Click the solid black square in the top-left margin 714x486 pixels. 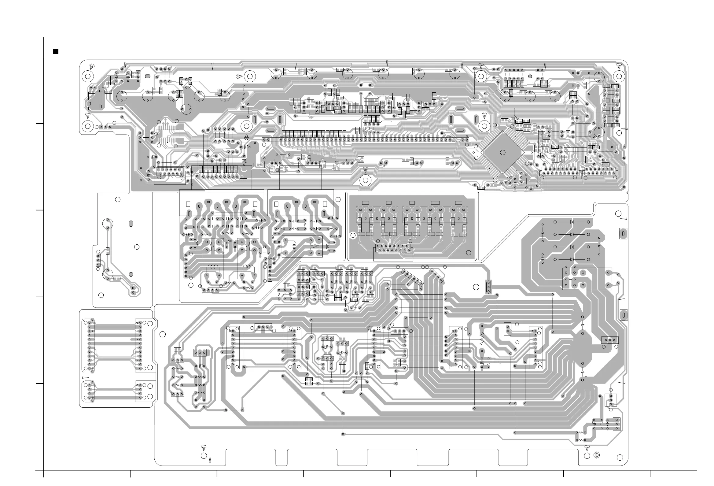click(x=56, y=51)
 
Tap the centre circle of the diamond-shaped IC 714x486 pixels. click(x=502, y=153)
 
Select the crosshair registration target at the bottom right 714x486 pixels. click(x=597, y=455)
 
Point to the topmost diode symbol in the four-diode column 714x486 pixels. click(x=572, y=222)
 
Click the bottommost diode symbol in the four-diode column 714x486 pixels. click(x=572, y=259)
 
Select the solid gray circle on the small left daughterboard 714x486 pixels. click(x=131, y=274)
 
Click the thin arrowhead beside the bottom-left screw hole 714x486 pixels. click(x=210, y=460)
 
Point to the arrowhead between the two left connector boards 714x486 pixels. click(x=85, y=377)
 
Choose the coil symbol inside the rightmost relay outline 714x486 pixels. click(x=294, y=246)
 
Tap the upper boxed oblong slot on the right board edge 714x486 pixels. click(x=623, y=234)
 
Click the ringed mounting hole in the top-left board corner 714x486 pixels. click(x=87, y=76)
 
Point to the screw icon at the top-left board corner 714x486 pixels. click(x=92, y=66)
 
